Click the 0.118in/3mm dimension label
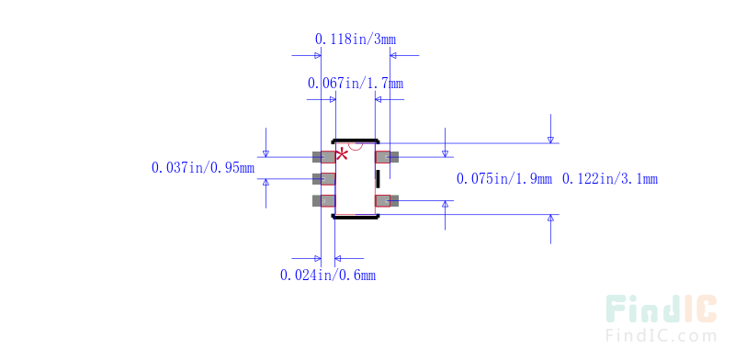(x=356, y=39)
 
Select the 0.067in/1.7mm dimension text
(x=355, y=84)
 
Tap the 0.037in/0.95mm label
(x=202, y=168)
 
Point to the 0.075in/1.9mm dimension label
(x=504, y=178)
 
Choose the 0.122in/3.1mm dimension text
(x=609, y=178)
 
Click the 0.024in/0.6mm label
(x=327, y=275)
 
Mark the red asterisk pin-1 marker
(x=342, y=153)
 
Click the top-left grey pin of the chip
(x=322, y=157)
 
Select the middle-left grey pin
(x=322, y=178)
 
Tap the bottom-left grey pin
(x=322, y=200)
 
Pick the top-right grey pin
(x=388, y=157)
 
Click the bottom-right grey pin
(x=388, y=200)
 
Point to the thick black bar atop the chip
(x=356, y=141)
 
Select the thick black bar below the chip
(x=356, y=217)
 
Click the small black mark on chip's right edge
(x=377, y=178)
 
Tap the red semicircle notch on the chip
(x=356, y=146)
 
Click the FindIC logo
(x=661, y=309)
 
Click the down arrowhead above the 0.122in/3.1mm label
(x=550, y=139)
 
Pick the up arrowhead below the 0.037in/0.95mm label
(x=266, y=182)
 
